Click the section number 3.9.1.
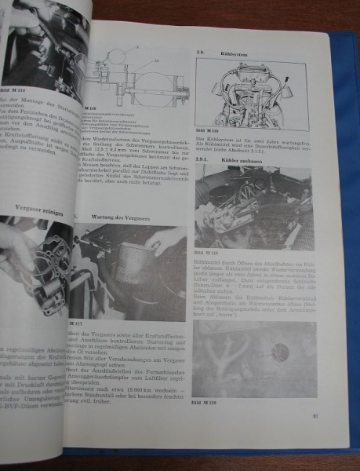(202, 155)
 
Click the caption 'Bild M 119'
(205, 253)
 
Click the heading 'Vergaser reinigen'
(43, 209)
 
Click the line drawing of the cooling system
(252, 93)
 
